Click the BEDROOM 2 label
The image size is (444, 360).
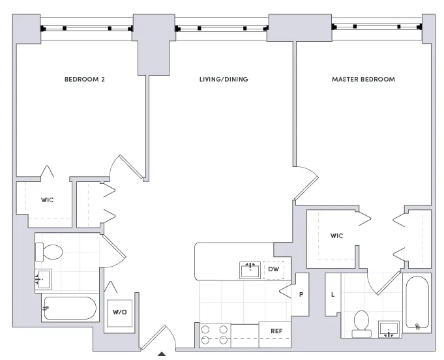[84, 80]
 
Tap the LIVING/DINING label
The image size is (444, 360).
[224, 80]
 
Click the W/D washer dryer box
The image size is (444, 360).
[119, 311]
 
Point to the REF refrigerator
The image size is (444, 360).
[276, 331]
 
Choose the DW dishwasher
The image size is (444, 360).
[273, 269]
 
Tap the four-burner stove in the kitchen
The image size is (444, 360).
[215, 334]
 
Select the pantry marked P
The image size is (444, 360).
[301, 294]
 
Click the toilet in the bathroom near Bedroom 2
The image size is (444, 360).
[49, 251]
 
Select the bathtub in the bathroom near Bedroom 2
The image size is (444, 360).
[68, 308]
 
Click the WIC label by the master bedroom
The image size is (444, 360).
[336, 235]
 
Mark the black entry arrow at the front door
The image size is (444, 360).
[162, 355]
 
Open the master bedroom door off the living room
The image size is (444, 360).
[306, 184]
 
